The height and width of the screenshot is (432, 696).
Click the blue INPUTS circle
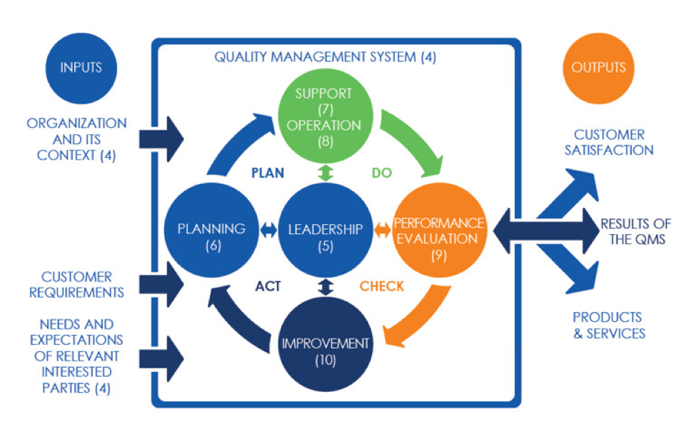pos(81,68)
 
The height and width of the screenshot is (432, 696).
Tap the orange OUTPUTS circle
pos(598,68)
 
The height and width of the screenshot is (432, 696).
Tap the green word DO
pos(382,173)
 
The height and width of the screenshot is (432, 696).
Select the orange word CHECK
pos(382,286)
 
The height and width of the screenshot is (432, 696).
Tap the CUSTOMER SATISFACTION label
pos(609,142)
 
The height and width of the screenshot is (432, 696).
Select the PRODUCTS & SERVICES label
pos(609,325)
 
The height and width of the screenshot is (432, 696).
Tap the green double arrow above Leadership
pos(326,172)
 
